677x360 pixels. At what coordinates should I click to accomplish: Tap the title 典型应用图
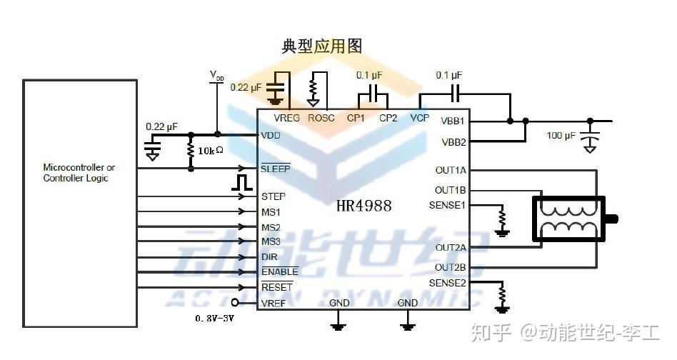point(321,46)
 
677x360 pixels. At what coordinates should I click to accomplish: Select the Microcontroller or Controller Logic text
point(79,173)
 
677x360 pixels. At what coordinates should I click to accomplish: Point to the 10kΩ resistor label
point(211,151)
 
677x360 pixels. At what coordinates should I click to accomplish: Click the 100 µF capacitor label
point(561,136)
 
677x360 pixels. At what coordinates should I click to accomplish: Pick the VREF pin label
point(274,303)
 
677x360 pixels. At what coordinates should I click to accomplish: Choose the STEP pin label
point(274,196)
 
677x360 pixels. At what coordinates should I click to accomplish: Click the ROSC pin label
point(321,118)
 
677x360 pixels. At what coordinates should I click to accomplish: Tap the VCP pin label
point(420,118)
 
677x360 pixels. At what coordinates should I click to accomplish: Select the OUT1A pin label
point(451,171)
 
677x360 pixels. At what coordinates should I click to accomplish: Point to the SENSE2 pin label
point(448,283)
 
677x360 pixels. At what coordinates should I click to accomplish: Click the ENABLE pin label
point(279,271)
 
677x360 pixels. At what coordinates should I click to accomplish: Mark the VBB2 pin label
point(453,141)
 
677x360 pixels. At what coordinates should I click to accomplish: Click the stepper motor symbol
point(571,218)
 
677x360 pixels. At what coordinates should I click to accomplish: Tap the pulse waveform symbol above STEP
point(243,181)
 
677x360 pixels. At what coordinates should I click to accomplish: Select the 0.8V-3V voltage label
point(214,317)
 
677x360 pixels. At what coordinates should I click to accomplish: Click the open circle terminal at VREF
point(234,303)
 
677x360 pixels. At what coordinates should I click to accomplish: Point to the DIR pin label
point(269,256)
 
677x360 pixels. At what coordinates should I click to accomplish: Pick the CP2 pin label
point(388,118)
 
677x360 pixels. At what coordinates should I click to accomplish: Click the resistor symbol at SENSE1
point(503,216)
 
